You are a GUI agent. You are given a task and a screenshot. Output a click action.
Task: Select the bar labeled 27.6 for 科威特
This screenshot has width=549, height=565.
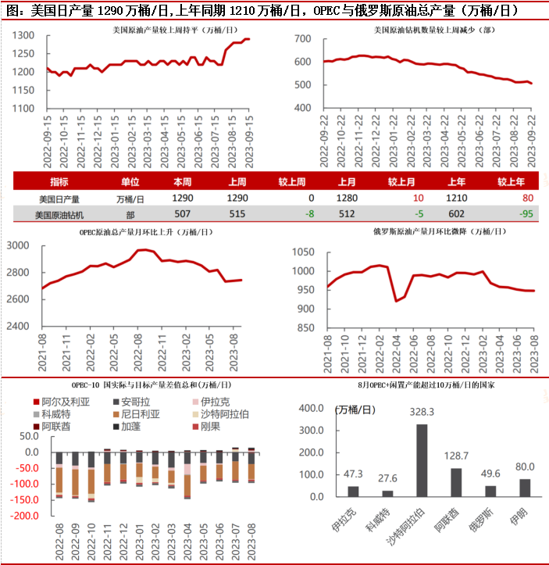point(387,493)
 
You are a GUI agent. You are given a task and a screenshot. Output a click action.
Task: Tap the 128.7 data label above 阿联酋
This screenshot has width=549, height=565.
point(456,455)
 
